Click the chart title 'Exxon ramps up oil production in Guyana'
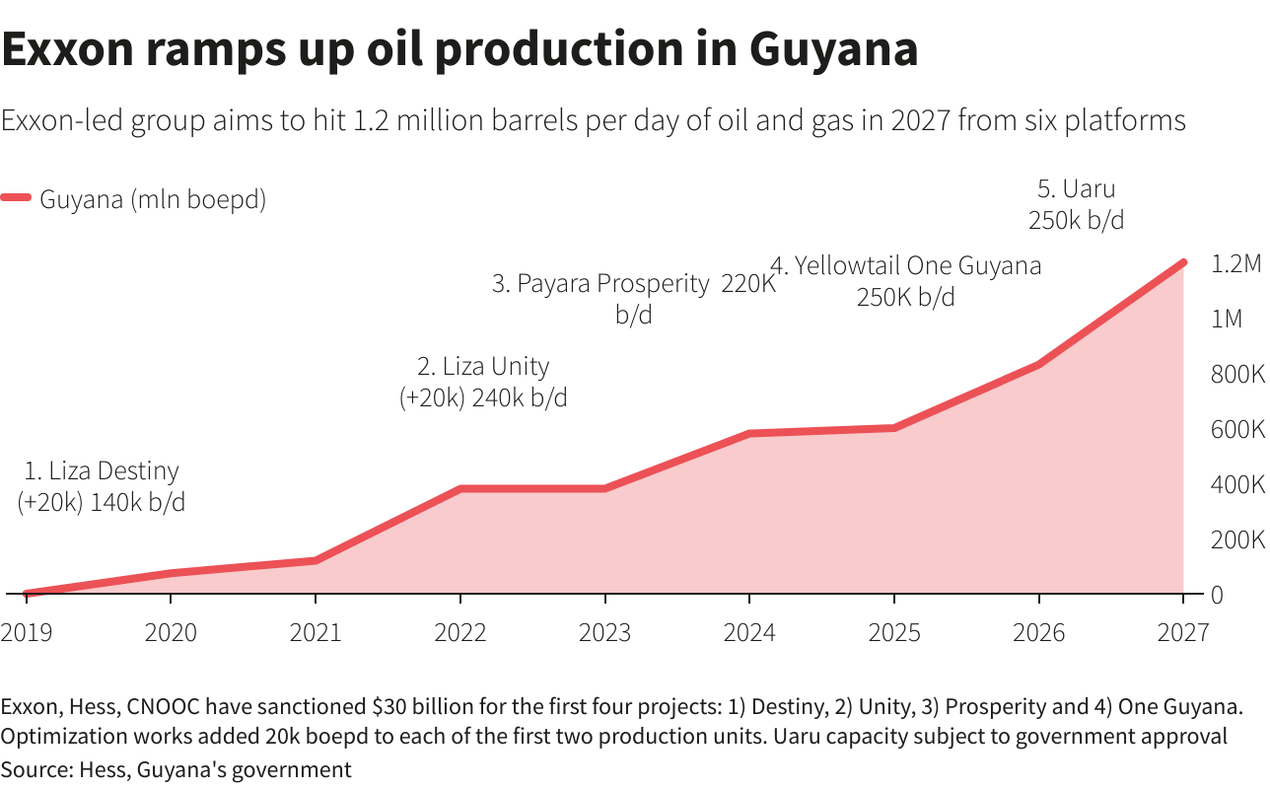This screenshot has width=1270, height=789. tap(459, 49)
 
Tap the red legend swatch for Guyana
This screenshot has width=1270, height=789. tap(17, 198)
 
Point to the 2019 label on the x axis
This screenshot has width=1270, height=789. tap(27, 632)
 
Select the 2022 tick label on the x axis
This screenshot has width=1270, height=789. tap(459, 632)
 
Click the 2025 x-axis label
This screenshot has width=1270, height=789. tap(893, 632)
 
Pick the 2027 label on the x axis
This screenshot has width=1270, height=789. tap(1182, 632)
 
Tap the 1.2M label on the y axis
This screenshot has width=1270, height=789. tap(1236, 264)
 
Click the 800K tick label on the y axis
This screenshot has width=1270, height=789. tap(1236, 375)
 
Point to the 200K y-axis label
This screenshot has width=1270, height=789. tap(1236, 540)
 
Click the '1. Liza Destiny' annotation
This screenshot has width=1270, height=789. tap(102, 471)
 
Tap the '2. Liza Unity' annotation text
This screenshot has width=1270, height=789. tap(483, 367)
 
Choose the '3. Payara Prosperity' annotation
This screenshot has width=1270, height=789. tap(600, 284)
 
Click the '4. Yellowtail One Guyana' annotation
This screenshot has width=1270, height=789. tap(905, 265)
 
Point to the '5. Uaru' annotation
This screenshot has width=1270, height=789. tap(1076, 188)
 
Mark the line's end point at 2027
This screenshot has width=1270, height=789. tap(1182, 263)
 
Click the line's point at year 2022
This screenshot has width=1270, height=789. tap(459, 488)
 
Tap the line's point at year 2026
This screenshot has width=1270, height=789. tap(1038, 365)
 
